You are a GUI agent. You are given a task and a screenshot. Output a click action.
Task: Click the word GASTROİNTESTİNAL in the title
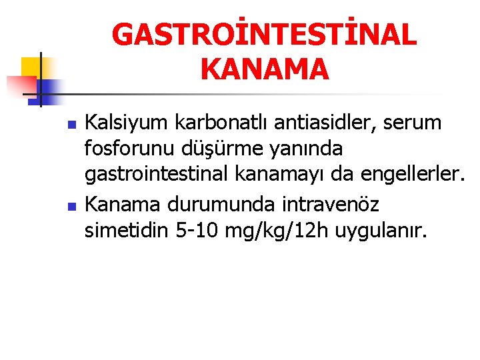(265, 35)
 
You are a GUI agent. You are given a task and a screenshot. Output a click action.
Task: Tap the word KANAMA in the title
(264, 69)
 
